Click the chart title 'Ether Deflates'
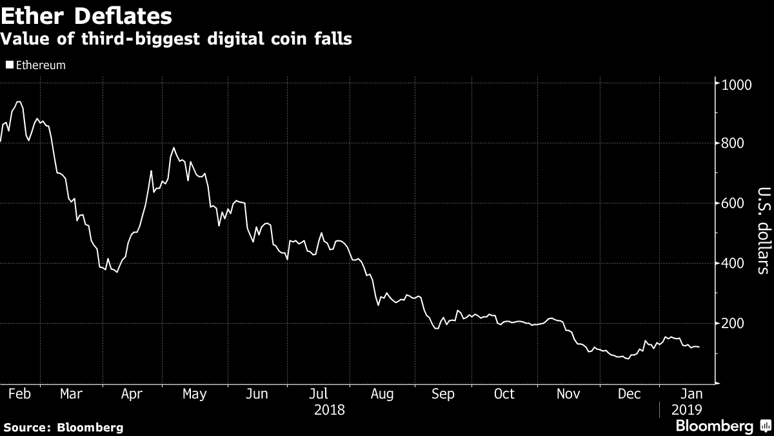pos(86,14)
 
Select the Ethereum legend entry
pos(36,65)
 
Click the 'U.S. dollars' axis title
pos(762,239)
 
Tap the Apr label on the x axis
pos(133,393)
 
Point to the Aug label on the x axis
pos(382,393)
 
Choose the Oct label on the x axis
pos(504,393)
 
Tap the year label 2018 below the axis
pos(329,410)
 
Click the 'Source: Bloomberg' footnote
pos(63,427)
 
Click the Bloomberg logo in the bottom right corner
pos(721,426)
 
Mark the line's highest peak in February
pos(18,101)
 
